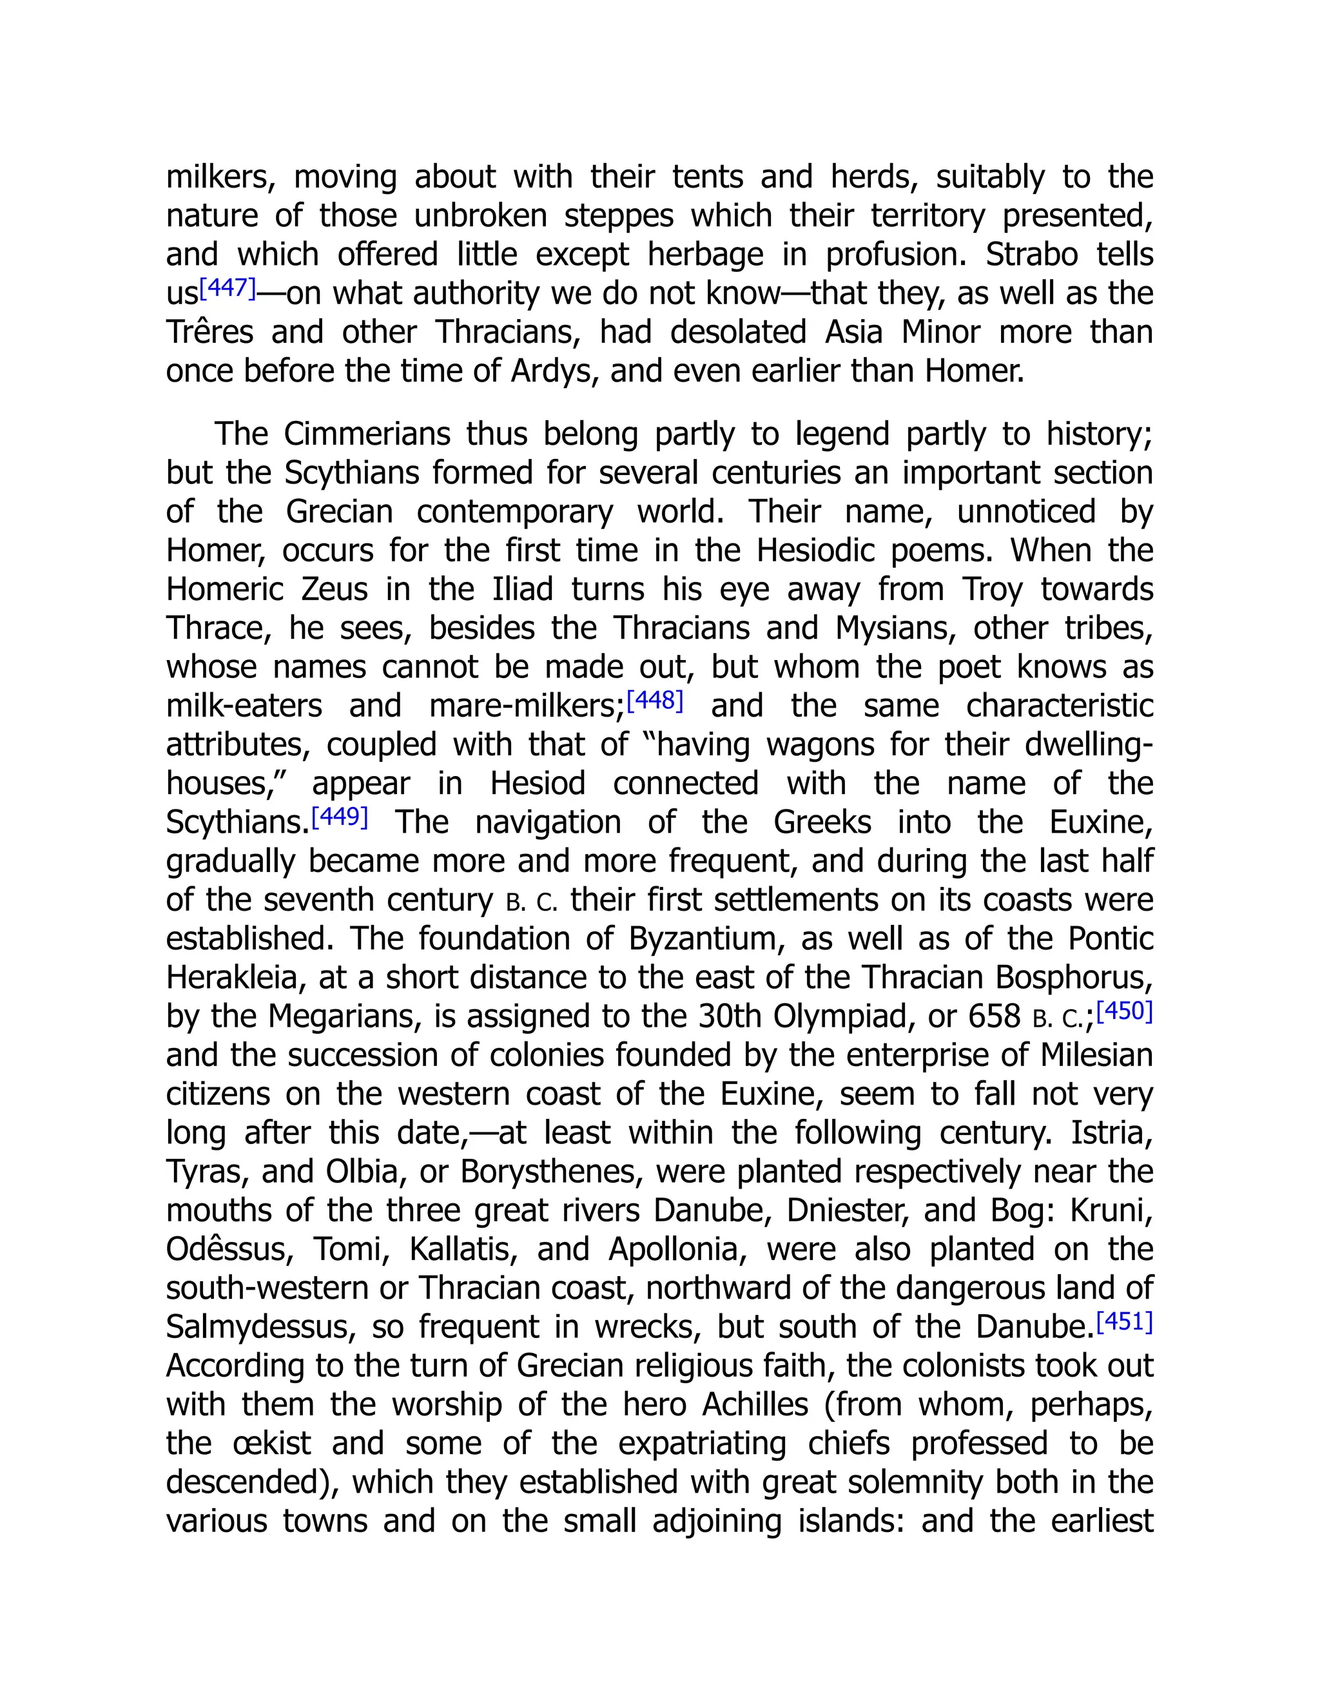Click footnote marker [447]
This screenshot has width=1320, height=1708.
pos(228,289)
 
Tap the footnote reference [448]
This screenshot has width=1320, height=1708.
pos(655,700)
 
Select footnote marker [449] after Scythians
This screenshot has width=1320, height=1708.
pos(340,817)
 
